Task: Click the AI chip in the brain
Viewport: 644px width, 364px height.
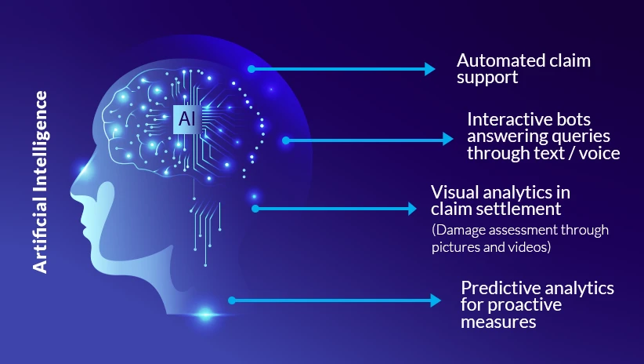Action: tap(186, 118)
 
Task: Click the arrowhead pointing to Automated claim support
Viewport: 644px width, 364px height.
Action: tap(429, 69)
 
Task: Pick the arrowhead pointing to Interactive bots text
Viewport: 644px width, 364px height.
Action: tap(448, 140)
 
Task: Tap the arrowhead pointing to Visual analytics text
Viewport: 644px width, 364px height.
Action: tap(412, 209)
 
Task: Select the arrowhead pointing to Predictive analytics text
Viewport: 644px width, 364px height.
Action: tap(436, 300)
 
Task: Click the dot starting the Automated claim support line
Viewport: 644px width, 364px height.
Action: tap(251, 69)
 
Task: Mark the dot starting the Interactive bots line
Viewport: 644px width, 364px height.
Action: tap(286, 140)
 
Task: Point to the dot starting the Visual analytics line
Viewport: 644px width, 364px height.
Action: tap(255, 209)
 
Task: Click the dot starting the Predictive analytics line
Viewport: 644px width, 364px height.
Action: tap(231, 300)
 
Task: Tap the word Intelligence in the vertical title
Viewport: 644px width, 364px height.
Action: tap(41, 142)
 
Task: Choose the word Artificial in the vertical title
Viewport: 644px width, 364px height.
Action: tap(41, 236)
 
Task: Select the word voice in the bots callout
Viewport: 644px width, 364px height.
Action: tap(599, 153)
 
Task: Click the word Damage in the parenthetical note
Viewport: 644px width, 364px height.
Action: tap(458, 230)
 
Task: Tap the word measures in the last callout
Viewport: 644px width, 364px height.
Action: tap(498, 322)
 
